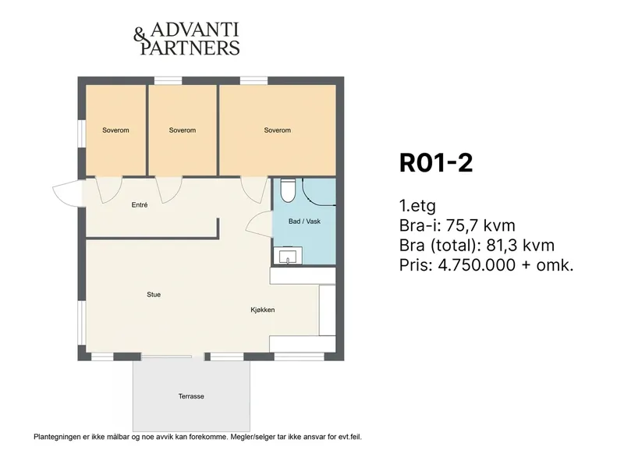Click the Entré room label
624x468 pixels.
[140, 205]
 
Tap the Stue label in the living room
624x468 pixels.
[154, 295]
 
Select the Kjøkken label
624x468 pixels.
[263, 310]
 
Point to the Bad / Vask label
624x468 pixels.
[304, 222]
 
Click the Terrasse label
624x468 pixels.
[191, 396]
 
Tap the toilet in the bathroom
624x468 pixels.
[287, 190]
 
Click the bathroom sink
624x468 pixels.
[288, 256]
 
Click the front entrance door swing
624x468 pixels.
[69, 193]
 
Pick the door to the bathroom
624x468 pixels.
[260, 225]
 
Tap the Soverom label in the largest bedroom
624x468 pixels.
[278, 130]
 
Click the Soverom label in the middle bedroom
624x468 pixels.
[183, 130]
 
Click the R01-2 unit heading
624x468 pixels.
[436, 163]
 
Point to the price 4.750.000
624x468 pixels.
[477, 264]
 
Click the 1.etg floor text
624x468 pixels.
[417, 206]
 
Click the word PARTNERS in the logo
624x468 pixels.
[190, 48]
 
